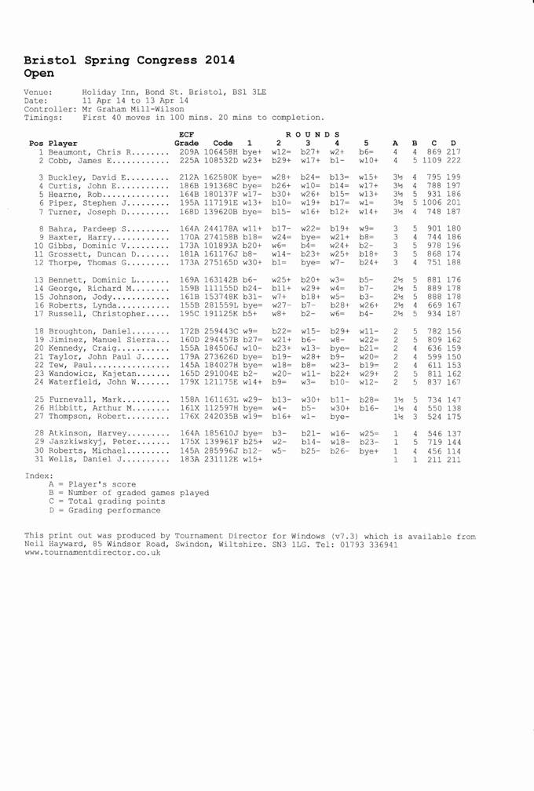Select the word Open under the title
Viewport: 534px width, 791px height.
click(x=38, y=73)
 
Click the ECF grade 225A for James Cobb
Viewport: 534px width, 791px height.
click(x=190, y=161)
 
